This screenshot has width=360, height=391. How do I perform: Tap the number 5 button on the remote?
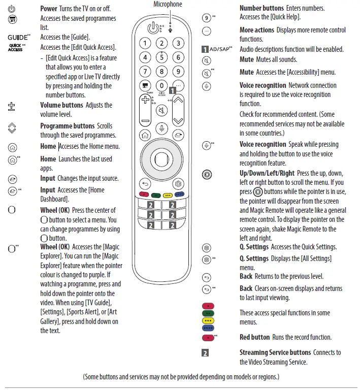click(x=162, y=57)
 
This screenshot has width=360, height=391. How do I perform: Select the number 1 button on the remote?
click(x=145, y=44)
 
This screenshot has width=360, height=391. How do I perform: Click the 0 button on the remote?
click(x=162, y=86)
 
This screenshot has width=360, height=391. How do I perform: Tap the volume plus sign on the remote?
click(x=146, y=100)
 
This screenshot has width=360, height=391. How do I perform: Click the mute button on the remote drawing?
click(x=162, y=111)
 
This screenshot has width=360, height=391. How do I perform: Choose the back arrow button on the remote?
click(x=145, y=184)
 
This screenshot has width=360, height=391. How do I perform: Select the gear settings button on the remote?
click(x=178, y=184)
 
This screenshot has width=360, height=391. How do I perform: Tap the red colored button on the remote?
click(x=143, y=194)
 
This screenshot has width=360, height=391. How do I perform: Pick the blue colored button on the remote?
click(x=180, y=194)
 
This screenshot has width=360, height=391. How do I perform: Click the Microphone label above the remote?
click(x=168, y=5)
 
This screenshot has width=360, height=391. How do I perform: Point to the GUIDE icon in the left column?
click(x=19, y=38)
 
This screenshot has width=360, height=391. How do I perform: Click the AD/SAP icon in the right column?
click(x=217, y=49)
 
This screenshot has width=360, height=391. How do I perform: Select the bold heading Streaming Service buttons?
click(x=275, y=352)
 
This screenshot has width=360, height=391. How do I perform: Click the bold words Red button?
click(x=254, y=337)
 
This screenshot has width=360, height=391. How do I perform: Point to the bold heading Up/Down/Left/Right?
click(x=267, y=173)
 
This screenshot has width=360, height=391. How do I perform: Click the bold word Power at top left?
click(x=49, y=9)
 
